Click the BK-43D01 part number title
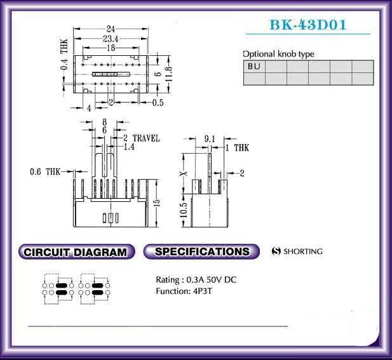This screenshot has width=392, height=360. coord(308,25)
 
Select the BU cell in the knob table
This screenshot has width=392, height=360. coord(254,67)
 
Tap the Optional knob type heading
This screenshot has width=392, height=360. coord(278,54)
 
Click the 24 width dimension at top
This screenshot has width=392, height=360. coord(111,29)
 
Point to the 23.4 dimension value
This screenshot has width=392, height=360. coord(111,39)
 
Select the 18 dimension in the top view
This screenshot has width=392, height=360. coord(111,48)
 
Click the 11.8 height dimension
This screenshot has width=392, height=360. coord(169,74)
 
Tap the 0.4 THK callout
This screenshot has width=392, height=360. coord(64,55)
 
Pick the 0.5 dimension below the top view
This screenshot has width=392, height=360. coord(158,103)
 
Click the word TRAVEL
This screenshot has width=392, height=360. coord(146,138)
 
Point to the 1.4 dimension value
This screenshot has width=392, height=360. coord(129,147)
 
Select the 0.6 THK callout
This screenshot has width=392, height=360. coord(45,171)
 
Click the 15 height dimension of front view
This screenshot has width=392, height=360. coord(157,203)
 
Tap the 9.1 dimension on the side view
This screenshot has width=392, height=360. coord(210,138)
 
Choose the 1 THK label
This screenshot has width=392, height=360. coord(237,148)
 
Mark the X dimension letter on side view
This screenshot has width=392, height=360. coord(184,173)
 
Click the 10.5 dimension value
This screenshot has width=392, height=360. coord(183,210)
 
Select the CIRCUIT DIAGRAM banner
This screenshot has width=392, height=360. coord(77,251)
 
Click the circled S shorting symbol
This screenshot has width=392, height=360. coord(276,251)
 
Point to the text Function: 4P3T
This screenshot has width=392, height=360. coord(184,291)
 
